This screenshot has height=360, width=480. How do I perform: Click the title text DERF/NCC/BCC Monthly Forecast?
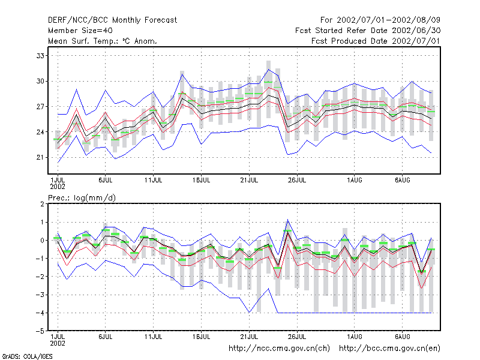point(112,20)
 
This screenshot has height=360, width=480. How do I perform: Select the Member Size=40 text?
point(80,31)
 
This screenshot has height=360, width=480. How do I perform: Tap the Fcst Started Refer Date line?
point(368,31)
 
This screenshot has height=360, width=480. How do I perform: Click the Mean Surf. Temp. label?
point(85,41)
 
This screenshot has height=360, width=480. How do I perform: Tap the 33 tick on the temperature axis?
point(40,56)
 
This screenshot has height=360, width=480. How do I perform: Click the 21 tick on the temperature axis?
point(40,157)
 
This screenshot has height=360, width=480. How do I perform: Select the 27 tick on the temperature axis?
point(40,107)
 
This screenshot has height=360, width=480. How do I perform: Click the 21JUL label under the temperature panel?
point(249,180)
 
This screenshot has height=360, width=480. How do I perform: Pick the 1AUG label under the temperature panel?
point(354,180)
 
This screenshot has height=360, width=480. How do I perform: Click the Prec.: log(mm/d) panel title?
point(82,198)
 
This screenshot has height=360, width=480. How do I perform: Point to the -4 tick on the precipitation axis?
point(40,313)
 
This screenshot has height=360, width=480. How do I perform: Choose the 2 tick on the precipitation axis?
point(42,204)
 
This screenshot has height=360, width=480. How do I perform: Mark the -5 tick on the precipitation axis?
point(40,331)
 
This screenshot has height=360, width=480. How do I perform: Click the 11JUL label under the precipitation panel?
point(153,337)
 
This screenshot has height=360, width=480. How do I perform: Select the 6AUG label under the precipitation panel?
point(402,337)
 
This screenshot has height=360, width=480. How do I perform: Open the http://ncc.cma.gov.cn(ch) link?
point(279,349)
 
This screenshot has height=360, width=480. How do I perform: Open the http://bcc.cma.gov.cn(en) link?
point(389,349)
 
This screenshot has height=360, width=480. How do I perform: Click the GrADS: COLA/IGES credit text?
point(27,356)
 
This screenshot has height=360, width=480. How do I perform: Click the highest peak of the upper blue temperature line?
point(268,70)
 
